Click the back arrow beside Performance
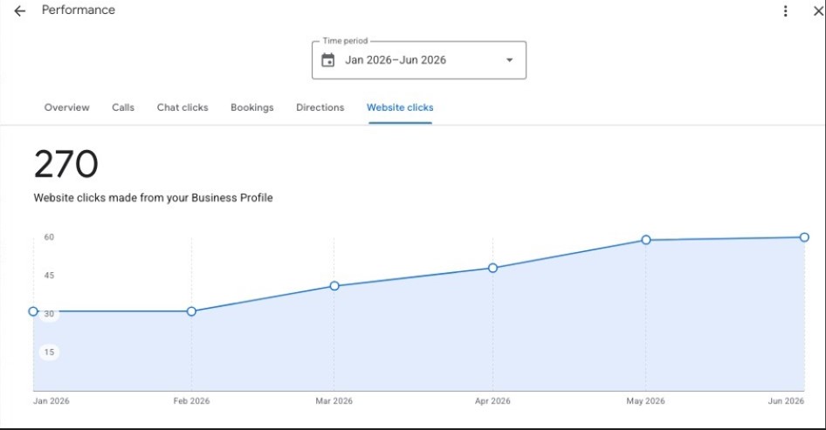pos(19,11)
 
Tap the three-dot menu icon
pos(786,11)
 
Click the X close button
pos(819,11)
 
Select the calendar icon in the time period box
pos(327,60)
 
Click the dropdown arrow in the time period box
pos(509,60)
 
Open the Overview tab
pos(67,107)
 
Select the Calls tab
pos(123,107)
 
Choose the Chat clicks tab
pos(182,107)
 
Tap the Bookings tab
pos(251,107)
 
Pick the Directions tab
pos(320,107)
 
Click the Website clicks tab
pos(400,107)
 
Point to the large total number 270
pos(65,164)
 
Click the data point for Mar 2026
pos(334,286)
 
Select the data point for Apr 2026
pos(492,268)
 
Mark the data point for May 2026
pos(646,240)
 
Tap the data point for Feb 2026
pos(191,311)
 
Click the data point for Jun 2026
pos(804,237)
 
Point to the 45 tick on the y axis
pos(49,276)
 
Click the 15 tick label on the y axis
pos(49,352)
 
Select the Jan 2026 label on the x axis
pos(52,401)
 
